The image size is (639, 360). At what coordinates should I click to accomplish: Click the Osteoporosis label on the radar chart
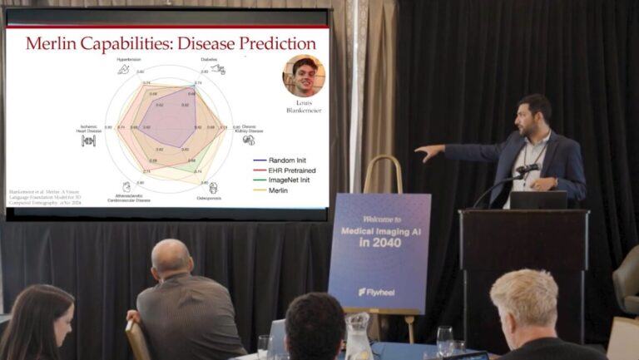[x=214, y=198]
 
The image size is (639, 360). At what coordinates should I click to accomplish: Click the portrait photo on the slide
[x=304, y=76]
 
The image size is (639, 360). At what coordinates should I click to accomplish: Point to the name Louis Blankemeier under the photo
[x=304, y=106]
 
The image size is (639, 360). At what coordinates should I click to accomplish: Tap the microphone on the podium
[x=527, y=170]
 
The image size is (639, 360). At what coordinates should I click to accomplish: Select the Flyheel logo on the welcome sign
[x=378, y=292]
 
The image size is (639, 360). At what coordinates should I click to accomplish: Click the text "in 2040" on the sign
[x=379, y=243]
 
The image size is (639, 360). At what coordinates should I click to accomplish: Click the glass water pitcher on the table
[x=357, y=337]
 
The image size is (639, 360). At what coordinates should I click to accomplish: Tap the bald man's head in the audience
[x=173, y=259]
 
